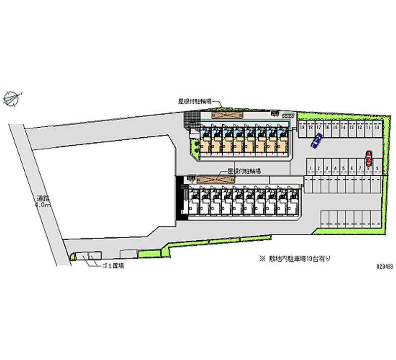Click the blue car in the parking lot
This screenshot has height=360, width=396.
point(316,141)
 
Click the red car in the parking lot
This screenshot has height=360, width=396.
point(368,158)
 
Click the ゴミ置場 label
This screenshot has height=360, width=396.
point(112,266)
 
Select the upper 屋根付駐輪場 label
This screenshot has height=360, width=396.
point(195,101)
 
